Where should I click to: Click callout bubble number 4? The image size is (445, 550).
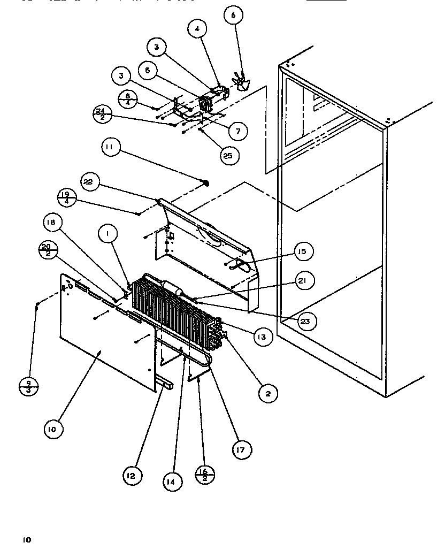pos(197,29)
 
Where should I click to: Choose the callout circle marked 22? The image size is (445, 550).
pos(88,182)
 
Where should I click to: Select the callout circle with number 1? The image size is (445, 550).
pos(108,234)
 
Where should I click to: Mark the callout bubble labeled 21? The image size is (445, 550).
pos(303,280)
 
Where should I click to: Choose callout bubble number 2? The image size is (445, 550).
pos(267,394)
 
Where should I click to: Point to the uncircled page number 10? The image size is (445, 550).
pos(26,540)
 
